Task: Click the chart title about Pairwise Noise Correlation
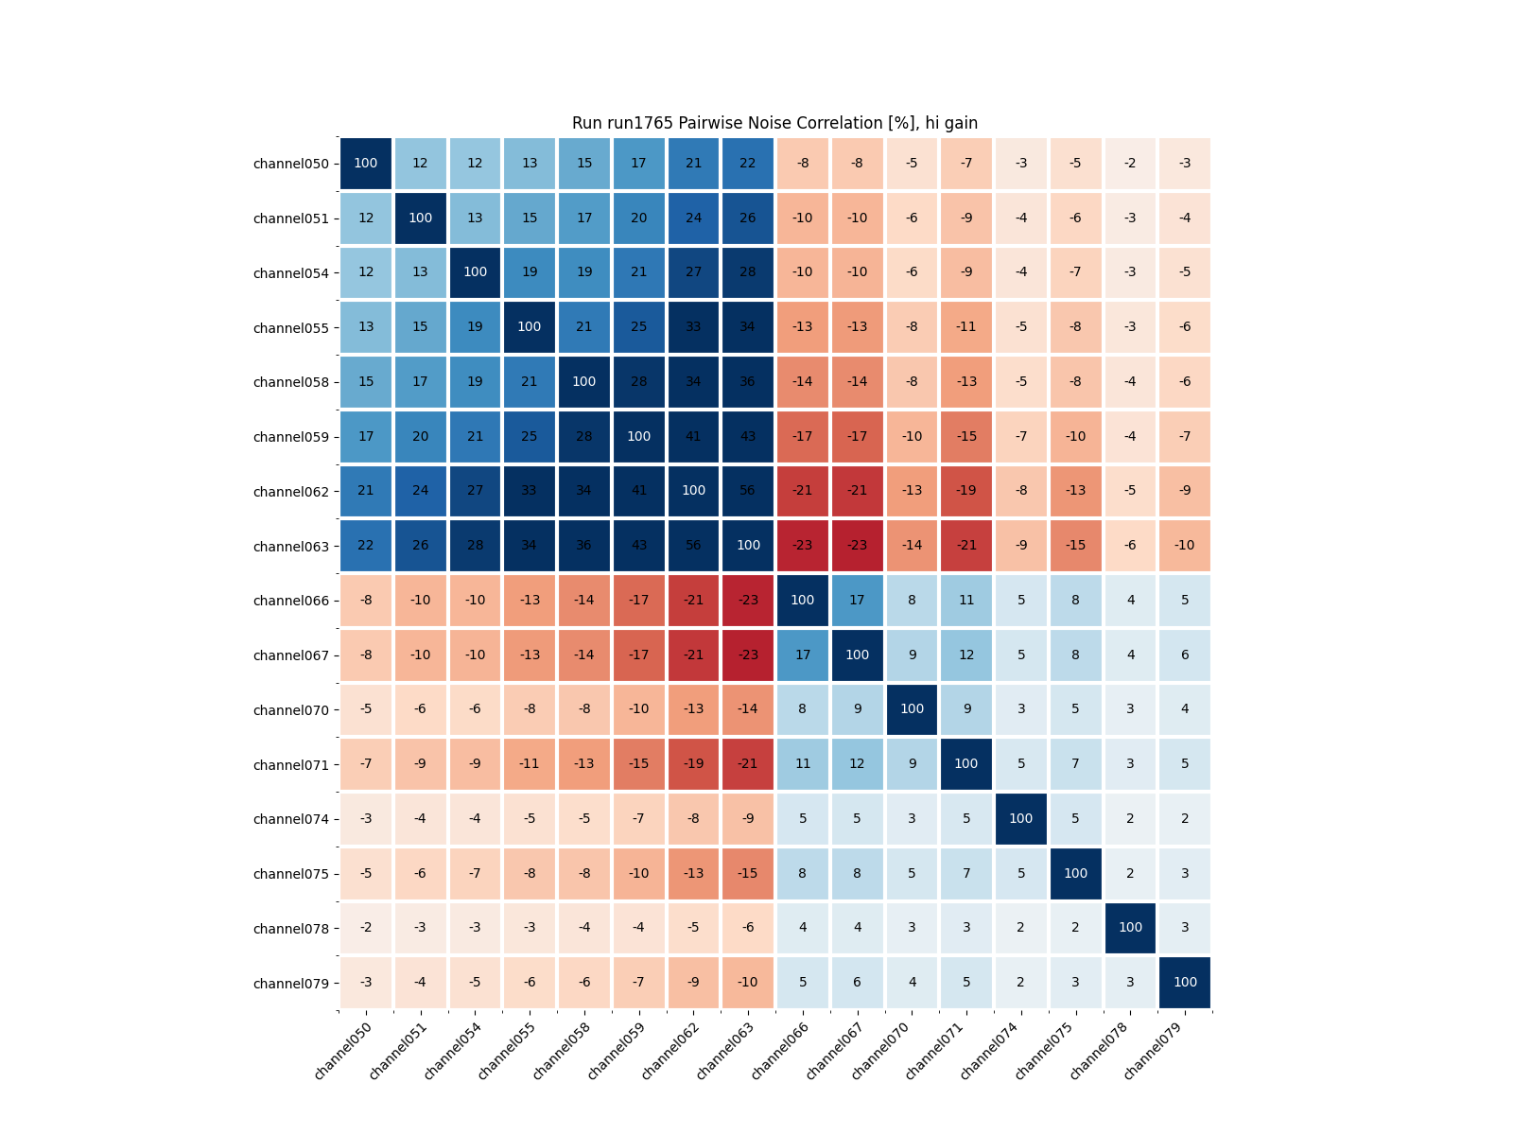pyautogui.click(x=774, y=123)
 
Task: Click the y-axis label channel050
pyautogui.click(x=291, y=164)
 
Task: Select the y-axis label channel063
pyautogui.click(x=291, y=547)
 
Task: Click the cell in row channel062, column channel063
pyautogui.click(x=748, y=491)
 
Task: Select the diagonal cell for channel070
pyautogui.click(x=912, y=709)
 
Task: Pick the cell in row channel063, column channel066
pyautogui.click(x=803, y=546)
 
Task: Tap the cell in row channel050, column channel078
pyautogui.click(x=1130, y=164)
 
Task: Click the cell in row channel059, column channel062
pyautogui.click(x=693, y=437)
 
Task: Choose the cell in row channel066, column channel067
pyautogui.click(x=857, y=601)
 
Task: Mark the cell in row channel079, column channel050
pyautogui.click(x=366, y=983)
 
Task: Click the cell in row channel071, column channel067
pyautogui.click(x=857, y=764)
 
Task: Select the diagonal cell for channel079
pyautogui.click(x=1185, y=983)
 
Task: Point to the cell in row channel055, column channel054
pyautogui.click(x=475, y=327)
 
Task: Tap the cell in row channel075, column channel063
pyautogui.click(x=748, y=873)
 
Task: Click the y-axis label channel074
pyautogui.click(x=291, y=820)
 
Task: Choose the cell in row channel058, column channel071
pyautogui.click(x=966, y=382)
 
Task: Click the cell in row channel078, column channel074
pyautogui.click(x=1021, y=928)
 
